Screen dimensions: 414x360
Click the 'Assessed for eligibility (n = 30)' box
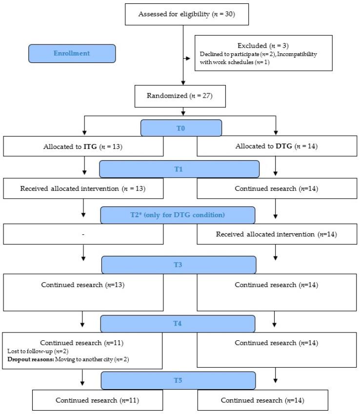[187, 13]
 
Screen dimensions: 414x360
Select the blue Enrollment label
[72, 54]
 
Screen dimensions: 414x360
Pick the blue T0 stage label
[181, 128]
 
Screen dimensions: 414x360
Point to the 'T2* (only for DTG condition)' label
[178, 215]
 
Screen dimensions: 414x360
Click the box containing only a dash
[83, 234]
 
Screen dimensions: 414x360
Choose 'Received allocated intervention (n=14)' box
[276, 234]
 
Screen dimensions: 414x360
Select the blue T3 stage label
[179, 264]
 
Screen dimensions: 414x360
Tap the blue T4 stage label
[178, 323]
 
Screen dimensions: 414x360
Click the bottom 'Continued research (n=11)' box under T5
[90, 400]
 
